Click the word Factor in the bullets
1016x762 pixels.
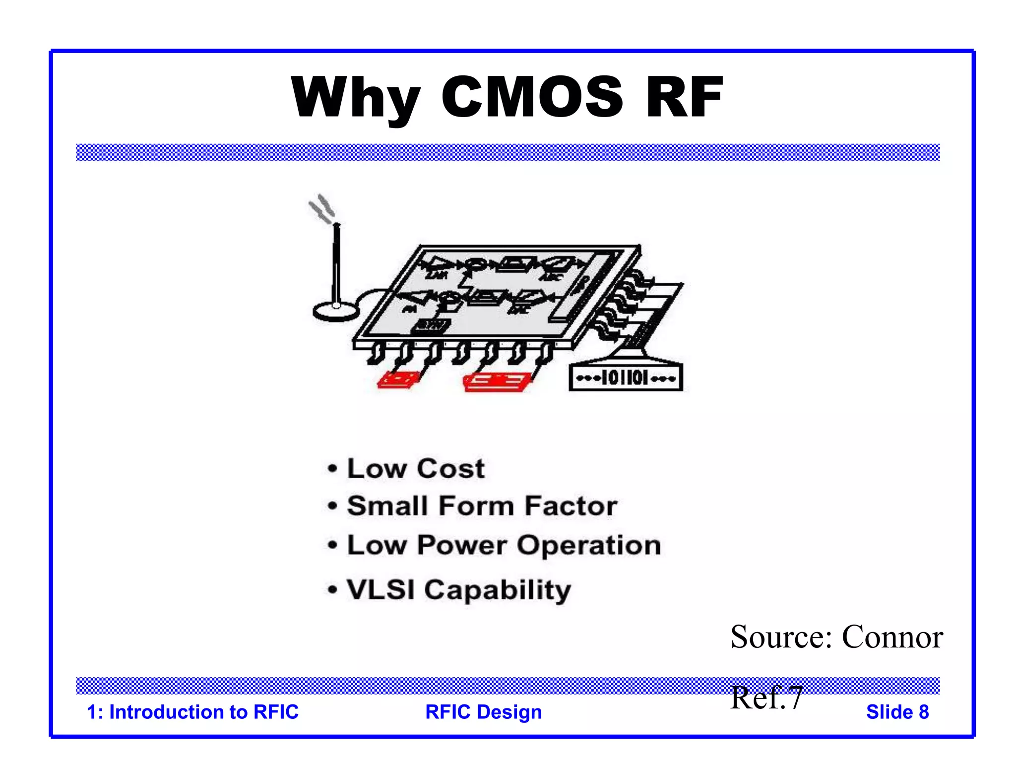click(x=571, y=506)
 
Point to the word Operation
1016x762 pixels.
click(x=589, y=546)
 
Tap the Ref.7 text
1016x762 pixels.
click(x=766, y=698)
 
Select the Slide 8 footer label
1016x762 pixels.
click(x=897, y=712)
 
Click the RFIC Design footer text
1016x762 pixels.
click(x=483, y=712)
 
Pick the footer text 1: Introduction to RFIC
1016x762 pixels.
click(x=192, y=712)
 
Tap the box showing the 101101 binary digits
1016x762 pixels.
click(x=626, y=379)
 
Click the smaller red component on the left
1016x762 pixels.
click(x=398, y=380)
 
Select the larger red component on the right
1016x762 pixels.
click(x=496, y=382)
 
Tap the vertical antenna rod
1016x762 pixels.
click(x=336, y=263)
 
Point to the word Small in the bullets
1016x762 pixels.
click(x=387, y=506)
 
